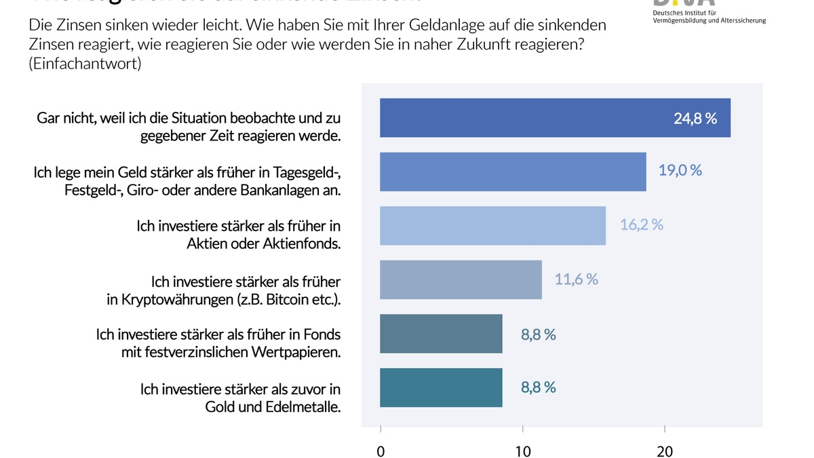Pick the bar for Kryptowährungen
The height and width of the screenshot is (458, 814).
coord(461,280)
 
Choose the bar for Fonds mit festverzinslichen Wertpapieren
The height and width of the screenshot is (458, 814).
coord(441,334)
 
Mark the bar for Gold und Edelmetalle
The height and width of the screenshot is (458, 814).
coord(441,387)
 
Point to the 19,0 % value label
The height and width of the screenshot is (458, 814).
coord(680,170)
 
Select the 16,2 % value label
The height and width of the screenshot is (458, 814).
coord(641,225)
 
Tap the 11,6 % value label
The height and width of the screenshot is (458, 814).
coord(576,279)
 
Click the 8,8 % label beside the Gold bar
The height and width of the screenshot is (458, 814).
coord(538,387)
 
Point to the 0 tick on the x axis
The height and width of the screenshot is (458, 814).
coord(381,451)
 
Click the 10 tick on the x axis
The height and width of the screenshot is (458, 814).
coord(522,451)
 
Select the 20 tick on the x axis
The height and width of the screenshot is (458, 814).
coord(664,451)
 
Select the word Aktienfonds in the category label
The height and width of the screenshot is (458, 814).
coord(301,244)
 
